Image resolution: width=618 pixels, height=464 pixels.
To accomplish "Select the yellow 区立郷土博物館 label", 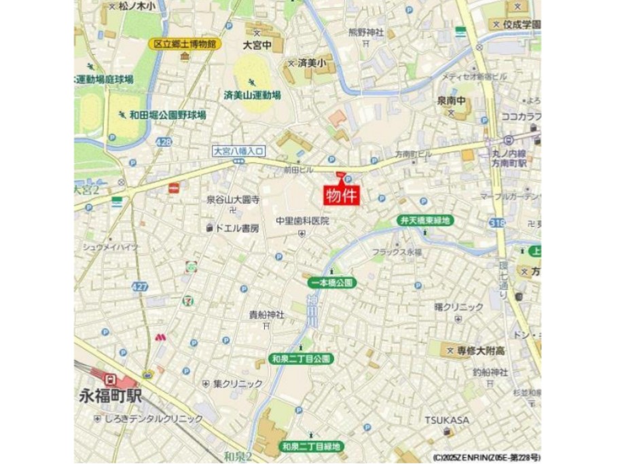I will pyautogui.click(x=184, y=44).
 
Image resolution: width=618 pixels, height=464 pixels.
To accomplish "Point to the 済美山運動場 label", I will pyautogui.click(x=253, y=96).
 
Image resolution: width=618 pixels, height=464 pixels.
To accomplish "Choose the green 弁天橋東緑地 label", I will pyautogui.click(x=425, y=221).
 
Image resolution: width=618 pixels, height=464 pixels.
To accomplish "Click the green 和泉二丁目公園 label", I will pyautogui.click(x=300, y=359).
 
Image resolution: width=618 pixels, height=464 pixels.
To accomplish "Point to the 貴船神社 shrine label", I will pyautogui.click(x=266, y=315).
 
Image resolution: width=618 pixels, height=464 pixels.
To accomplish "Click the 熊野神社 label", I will pyautogui.click(x=366, y=32).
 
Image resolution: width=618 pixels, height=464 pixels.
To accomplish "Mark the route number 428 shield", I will pyautogui.click(x=163, y=142).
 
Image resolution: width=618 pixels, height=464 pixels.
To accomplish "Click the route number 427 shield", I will pyautogui.click(x=140, y=287).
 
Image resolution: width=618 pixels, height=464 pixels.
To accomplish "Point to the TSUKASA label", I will pyautogui.click(x=447, y=420).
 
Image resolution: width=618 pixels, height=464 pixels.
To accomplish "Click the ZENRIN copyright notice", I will pyautogui.click(x=486, y=457).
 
